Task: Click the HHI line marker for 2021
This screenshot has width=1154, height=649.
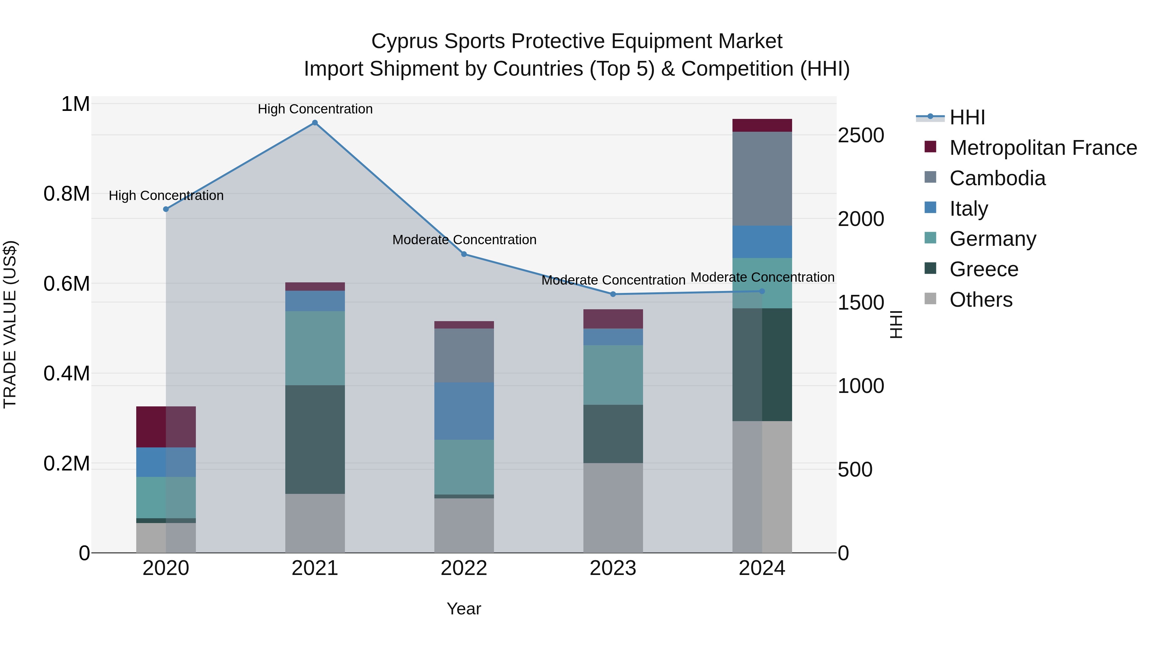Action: [315, 123]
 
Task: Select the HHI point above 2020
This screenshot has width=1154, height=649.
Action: [166, 209]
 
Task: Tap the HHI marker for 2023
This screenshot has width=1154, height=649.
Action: [613, 294]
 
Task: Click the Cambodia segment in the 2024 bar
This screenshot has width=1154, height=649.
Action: [762, 179]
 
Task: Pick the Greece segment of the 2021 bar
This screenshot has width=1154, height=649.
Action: [315, 439]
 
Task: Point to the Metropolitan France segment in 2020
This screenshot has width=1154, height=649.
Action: [166, 427]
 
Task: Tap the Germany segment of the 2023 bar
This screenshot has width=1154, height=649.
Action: [613, 375]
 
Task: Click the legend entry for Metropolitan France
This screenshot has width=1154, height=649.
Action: [1043, 148]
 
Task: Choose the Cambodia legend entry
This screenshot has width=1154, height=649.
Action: [997, 178]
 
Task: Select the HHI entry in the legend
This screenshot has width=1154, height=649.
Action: [967, 117]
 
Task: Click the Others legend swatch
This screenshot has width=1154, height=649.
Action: [931, 299]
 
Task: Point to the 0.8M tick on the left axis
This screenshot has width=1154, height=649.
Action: [67, 194]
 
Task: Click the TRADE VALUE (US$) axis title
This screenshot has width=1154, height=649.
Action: [10, 324]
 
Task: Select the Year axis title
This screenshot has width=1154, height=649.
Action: [464, 609]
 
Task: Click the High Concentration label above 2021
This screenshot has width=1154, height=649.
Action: [315, 109]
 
